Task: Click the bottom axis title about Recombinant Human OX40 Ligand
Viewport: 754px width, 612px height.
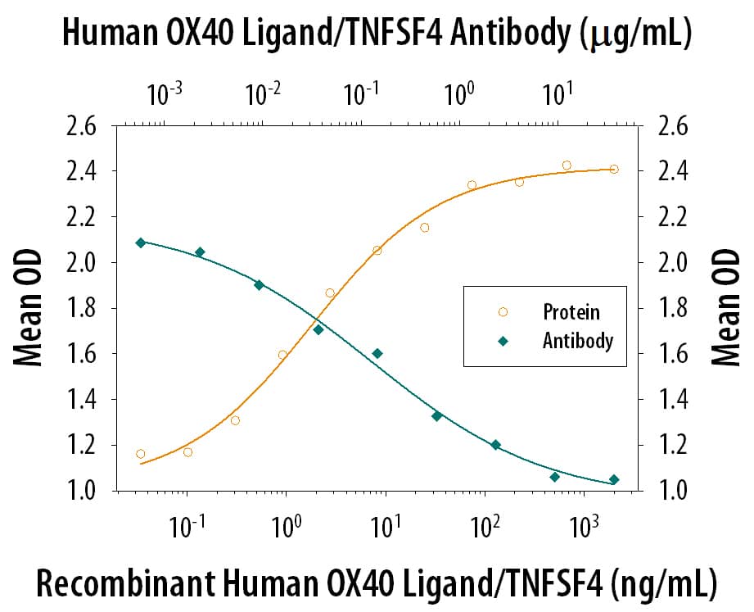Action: coord(377,583)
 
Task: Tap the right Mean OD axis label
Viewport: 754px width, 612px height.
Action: coord(725,308)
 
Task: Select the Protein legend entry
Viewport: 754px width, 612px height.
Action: coord(571,312)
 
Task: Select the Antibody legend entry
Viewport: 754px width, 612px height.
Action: coord(577,341)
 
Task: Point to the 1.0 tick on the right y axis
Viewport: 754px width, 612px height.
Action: coord(670,491)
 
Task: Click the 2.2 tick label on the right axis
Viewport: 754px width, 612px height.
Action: coord(670,217)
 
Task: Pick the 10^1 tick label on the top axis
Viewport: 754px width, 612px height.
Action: coord(557,94)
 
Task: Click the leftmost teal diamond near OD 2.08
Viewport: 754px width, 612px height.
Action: coord(141,243)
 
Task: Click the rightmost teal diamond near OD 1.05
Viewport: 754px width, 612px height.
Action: coord(614,480)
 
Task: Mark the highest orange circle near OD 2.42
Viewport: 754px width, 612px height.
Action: coord(567,165)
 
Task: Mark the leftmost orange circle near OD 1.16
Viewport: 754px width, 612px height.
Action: coord(141,454)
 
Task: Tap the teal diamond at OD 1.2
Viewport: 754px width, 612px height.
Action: coord(495,445)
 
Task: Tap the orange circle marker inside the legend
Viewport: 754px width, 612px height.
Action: coord(503,312)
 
